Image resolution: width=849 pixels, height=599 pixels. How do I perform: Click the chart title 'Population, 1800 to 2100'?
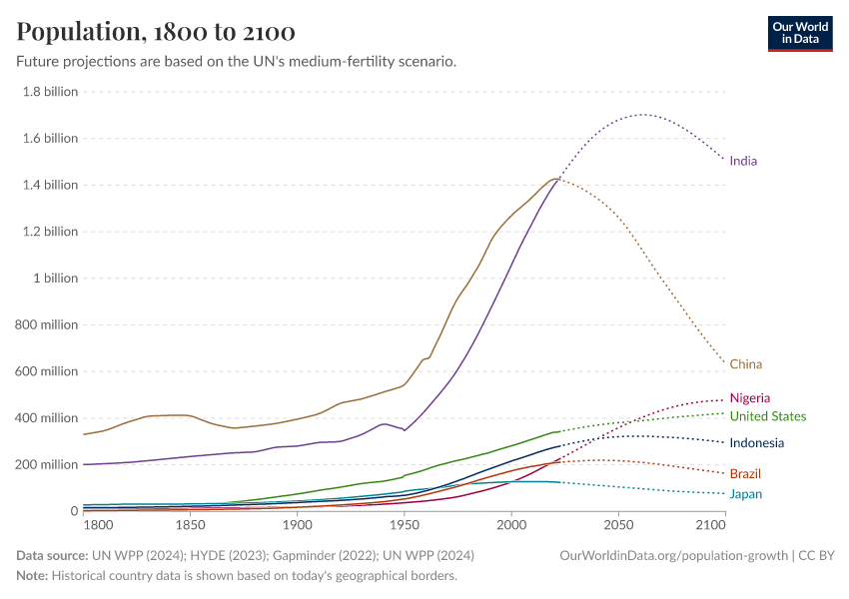(155, 32)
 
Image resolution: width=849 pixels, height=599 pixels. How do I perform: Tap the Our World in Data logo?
(799, 33)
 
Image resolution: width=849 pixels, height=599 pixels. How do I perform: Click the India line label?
(743, 161)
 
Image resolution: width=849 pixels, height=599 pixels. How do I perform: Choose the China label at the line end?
(745, 364)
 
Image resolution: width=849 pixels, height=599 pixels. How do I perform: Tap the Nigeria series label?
(749, 398)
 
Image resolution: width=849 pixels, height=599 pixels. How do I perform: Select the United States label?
(767, 416)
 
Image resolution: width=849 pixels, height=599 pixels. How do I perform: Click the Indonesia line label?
(756, 443)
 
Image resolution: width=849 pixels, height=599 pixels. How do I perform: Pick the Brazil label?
(745, 473)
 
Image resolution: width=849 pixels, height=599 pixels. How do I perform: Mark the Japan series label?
(745, 494)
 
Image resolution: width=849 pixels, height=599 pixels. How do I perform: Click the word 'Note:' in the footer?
(32, 576)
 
